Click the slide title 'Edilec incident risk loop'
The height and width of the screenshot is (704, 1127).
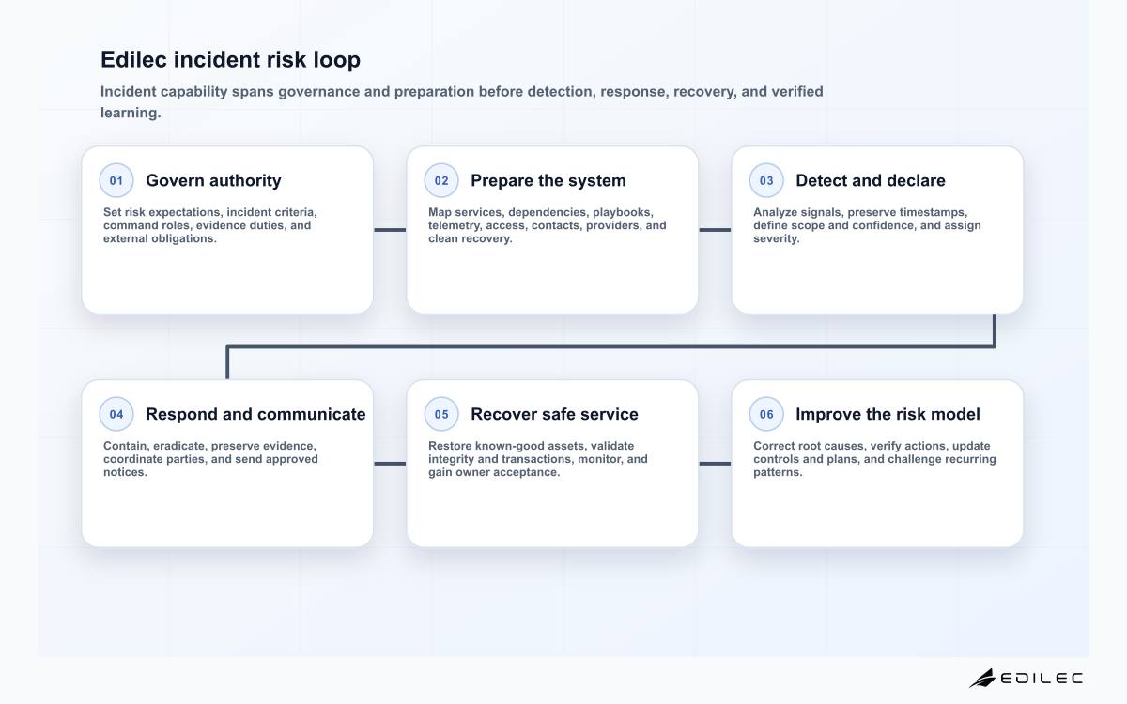pyautogui.click(x=230, y=59)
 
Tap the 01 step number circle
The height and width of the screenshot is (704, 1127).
pyautogui.click(x=116, y=180)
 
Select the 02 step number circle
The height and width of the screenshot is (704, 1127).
pyautogui.click(x=441, y=180)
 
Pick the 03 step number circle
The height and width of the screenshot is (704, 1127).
pyautogui.click(x=766, y=180)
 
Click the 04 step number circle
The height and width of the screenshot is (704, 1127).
pyautogui.click(x=116, y=414)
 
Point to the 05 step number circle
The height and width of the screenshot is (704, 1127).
pyautogui.click(x=441, y=414)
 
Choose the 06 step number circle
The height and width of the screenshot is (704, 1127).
pyautogui.click(x=766, y=414)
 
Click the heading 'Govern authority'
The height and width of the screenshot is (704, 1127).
pyautogui.click(x=213, y=180)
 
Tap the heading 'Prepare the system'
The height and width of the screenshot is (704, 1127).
pyautogui.click(x=548, y=180)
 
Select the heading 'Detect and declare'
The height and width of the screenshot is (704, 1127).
pyautogui.click(x=871, y=180)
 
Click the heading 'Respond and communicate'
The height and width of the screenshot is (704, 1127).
pyautogui.click(x=255, y=414)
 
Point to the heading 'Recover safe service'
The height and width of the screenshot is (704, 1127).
pyautogui.click(x=554, y=414)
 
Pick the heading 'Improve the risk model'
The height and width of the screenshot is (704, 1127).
pyautogui.click(x=888, y=414)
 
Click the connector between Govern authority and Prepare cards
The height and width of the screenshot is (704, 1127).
pyautogui.click(x=390, y=230)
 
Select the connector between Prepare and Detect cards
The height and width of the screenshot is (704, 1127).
pyautogui.click(x=715, y=230)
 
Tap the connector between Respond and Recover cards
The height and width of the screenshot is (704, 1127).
pyautogui.click(x=390, y=464)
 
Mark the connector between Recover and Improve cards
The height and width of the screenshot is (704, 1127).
pyautogui.click(x=715, y=464)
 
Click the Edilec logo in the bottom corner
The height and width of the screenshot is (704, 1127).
pyautogui.click(x=1026, y=679)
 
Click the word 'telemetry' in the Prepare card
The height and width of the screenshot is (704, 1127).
pyautogui.click(x=455, y=225)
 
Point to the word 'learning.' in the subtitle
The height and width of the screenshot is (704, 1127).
pyautogui.click(x=131, y=113)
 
